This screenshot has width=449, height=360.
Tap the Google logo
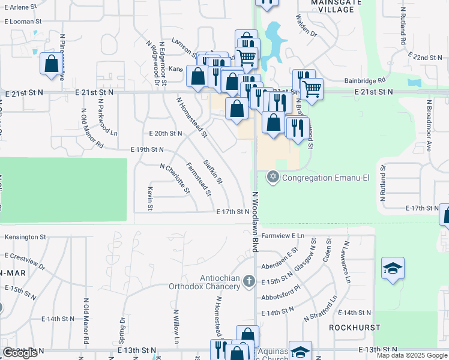20,353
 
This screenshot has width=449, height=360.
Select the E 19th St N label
147,149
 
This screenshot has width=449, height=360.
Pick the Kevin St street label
149,198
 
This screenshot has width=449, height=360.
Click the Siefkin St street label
213,171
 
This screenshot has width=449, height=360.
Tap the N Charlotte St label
175,179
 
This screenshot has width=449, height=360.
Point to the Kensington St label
25,236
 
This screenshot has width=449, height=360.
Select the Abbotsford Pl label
282,296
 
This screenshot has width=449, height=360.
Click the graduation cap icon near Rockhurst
393,268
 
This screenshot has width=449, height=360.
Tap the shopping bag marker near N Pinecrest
52,63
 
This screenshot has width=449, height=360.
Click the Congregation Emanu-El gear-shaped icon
273,176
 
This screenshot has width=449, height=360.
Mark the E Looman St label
22,21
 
